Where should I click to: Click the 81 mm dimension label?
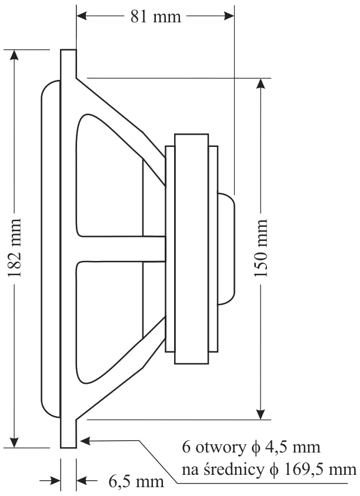coord(155,16)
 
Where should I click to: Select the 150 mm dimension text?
coord(262,248)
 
